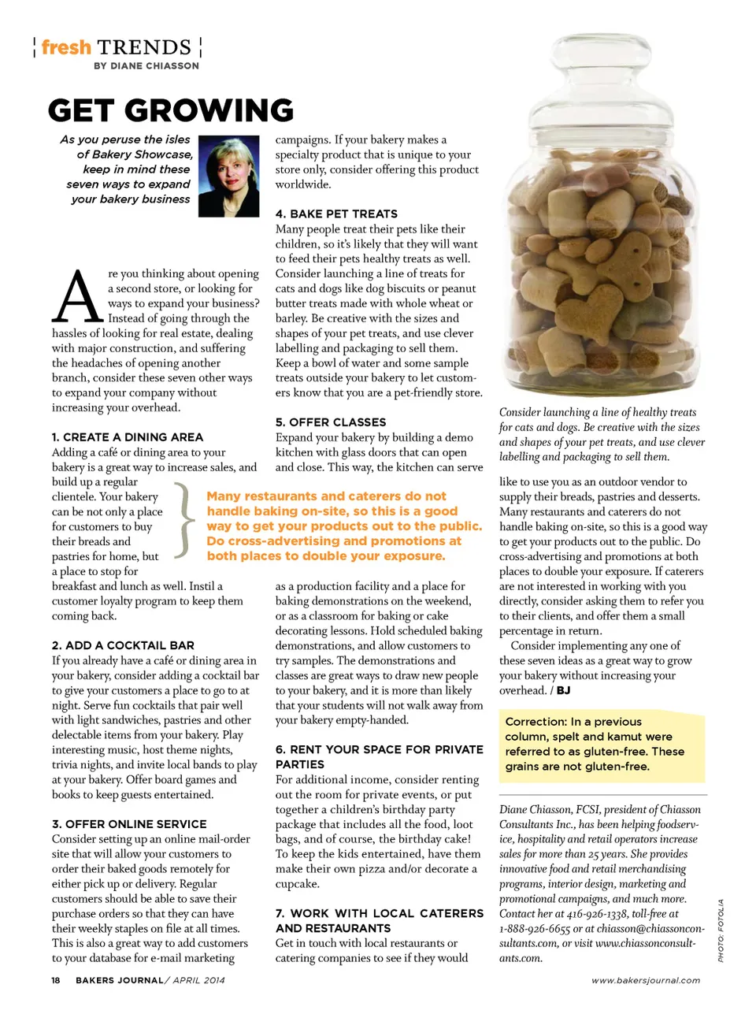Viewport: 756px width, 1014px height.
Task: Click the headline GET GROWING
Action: (x=171, y=110)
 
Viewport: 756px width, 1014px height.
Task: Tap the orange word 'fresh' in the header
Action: (x=66, y=47)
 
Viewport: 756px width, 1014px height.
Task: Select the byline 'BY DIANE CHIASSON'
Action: (x=146, y=66)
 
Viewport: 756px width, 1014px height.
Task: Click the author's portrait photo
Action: (x=229, y=176)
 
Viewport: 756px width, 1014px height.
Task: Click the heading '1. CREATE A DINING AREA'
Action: (x=128, y=437)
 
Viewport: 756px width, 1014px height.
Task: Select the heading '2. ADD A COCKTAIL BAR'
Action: (x=123, y=645)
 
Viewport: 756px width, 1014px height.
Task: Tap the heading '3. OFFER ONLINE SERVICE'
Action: (x=129, y=824)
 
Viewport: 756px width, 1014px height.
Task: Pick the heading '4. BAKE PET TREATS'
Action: (x=336, y=214)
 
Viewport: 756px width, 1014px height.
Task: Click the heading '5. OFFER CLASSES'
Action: (x=331, y=422)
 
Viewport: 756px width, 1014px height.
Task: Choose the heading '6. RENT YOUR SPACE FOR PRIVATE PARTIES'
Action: (x=379, y=756)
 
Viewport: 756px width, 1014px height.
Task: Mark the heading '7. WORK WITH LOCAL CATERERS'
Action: (x=379, y=920)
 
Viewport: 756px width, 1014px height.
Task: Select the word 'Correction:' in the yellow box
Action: (x=535, y=722)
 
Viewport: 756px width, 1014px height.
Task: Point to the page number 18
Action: (x=56, y=980)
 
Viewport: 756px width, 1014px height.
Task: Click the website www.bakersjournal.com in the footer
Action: (x=646, y=981)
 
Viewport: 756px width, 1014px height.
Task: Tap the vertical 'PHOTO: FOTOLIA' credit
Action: (x=721, y=930)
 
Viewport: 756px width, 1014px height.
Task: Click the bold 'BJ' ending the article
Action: (x=563, y=691)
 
